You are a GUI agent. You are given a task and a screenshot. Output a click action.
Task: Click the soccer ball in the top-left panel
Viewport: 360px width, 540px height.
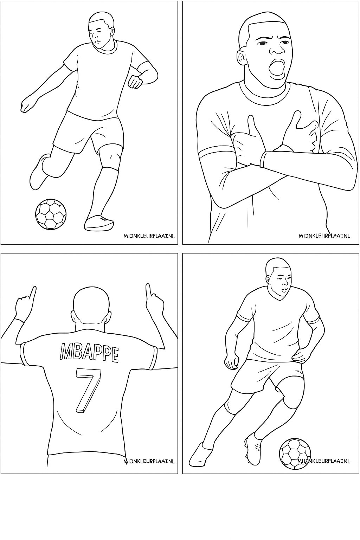(x=51, y=214)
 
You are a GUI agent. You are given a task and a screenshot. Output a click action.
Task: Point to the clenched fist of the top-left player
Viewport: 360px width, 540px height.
(x=135, y=81)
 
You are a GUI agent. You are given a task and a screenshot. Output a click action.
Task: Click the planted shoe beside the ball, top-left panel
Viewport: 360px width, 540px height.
(x=99, y=223)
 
